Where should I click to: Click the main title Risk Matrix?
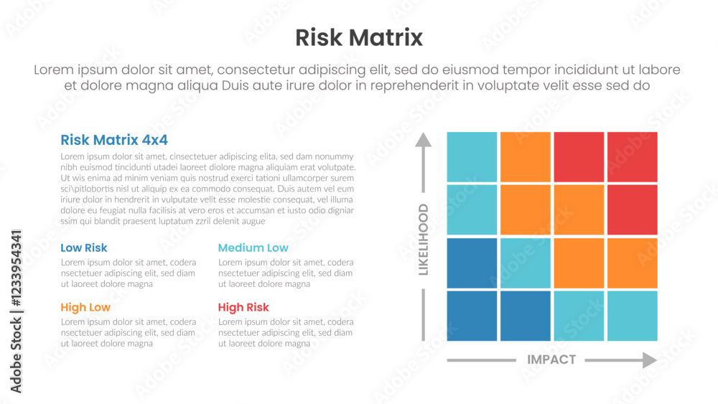[359, 37]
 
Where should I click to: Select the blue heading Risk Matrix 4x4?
[114, 140]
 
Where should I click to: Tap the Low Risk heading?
[84, 248]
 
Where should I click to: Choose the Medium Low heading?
[253, 248]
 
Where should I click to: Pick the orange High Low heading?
[85, 308]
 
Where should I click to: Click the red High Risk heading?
[243, 308]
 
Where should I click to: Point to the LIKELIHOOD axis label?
[424, 239]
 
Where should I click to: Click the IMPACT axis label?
[551, 360]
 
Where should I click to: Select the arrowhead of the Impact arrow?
[649, 360]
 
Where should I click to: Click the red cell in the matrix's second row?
[632, 210]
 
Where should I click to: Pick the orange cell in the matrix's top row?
[526, 156]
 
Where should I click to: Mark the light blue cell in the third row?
[526, 263]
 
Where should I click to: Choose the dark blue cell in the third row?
[472, 263]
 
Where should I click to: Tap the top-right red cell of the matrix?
[632, 156]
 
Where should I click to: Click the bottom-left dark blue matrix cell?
[472, 316]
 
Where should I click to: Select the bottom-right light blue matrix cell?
[632, 316]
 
